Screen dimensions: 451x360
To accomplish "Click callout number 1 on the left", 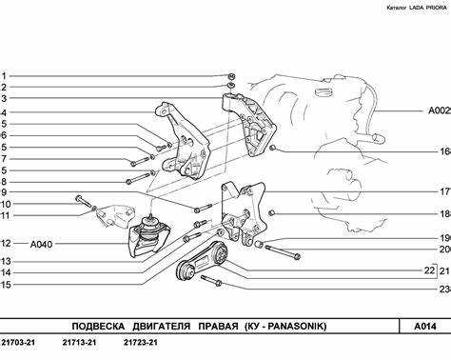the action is (4, 76).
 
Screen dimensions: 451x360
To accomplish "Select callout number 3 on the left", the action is (4, 98).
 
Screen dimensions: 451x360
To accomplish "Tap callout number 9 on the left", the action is (4, 192).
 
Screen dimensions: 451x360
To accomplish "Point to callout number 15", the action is (6, 285).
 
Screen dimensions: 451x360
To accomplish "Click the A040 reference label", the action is (41, 245).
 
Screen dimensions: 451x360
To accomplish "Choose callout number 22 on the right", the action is (429, 270).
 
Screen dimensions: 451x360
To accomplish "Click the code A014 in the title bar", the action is (425, 326).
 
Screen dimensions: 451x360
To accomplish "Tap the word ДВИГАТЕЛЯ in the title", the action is (162, 326).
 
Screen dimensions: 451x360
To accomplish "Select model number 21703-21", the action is (18, 343).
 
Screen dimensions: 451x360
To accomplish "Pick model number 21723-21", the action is (141, 343).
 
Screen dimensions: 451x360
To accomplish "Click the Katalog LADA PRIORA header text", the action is (417, 8).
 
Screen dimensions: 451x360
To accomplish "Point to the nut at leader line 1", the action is (232, 76).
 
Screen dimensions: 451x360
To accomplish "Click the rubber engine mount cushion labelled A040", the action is (149, 236).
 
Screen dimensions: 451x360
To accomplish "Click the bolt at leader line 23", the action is (211, 281).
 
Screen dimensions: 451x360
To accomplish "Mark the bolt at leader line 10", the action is (83, 202).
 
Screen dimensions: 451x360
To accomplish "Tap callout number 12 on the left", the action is (6, 244).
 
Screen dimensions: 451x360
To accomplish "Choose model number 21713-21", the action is (79, 343).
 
